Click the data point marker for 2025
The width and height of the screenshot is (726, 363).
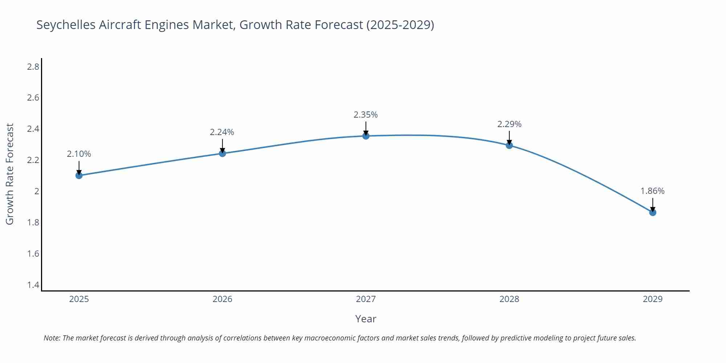(79, 175)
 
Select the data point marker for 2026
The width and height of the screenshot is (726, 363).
(223, 153)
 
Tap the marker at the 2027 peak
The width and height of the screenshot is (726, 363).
(366, 136)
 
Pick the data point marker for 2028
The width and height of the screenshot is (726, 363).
(509, 145)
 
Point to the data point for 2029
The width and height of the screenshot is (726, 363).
(653, 212)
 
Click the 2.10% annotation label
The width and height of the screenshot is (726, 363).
(79, 154)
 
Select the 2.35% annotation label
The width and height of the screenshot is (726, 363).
(366, 115)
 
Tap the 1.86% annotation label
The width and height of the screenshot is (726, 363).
(652, 191)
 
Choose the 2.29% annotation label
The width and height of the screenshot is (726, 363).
(509, 124)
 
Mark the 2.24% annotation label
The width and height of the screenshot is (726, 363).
(222, 132)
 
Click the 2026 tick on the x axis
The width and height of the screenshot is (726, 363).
(223, 299)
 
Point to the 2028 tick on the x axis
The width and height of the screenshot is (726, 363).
(509, 299)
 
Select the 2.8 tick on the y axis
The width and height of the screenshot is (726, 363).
(33, 67)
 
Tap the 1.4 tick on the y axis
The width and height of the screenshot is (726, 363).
(33, 285)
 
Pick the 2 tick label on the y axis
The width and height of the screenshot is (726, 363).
(37, 191)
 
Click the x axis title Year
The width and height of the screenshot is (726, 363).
(366, 319)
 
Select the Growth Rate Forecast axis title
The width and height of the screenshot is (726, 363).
(10, 174)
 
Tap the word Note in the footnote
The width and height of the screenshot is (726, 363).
(52, 338)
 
